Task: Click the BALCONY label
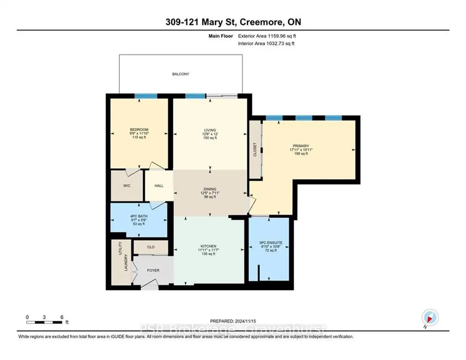click(x=180, y=74)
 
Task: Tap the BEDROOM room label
click(x=139, y=130)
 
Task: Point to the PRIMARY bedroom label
click(x=300, y=146)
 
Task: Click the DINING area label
click(x=209, y=189)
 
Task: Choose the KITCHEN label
click(x=209, y=247)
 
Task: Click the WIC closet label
click(x=126, y=186)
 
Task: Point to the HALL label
click(x=159, y=186)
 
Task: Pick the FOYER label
click(x=153, y=270)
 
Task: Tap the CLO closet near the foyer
click(x=151, y=247)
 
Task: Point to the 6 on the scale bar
click(x=61, y=316)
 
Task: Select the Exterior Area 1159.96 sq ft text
click(x=267, y=35)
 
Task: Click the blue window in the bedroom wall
click(x=145, y=96)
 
